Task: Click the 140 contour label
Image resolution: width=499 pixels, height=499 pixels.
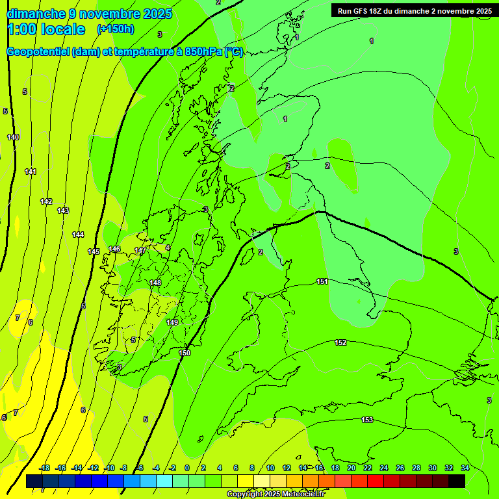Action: click(13, 137)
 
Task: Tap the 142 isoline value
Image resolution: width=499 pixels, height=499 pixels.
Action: click(46, 201)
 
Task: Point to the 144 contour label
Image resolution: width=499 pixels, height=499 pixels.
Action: click(78, 235)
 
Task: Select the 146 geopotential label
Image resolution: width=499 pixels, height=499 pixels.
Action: click(114, 249)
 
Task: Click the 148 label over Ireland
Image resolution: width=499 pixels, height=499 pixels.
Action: click(155, 283)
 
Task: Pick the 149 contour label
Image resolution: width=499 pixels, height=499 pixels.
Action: click(172, 322)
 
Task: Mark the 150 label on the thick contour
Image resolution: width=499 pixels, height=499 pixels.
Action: click(185, 353)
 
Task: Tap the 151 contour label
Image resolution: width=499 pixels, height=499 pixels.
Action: click(322, 281)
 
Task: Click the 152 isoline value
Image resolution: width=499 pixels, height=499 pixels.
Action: click(340, 342)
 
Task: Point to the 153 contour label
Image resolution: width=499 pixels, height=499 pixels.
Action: click(367, 420)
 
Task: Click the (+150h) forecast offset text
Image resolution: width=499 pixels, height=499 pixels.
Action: click(116, 29)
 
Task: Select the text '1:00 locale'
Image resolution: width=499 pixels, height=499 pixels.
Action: click(46, 29)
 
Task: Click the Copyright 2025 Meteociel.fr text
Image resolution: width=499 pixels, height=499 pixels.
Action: click(276, 494)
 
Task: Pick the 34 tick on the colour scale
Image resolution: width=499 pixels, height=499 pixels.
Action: click(465, 468)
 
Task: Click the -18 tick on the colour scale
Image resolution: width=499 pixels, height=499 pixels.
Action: click(44, 468)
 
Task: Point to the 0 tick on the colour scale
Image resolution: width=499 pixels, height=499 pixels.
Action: click(187, 468)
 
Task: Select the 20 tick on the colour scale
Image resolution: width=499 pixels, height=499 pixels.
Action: click(352, 468)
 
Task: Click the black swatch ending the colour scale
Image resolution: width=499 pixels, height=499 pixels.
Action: click(457, 481)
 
